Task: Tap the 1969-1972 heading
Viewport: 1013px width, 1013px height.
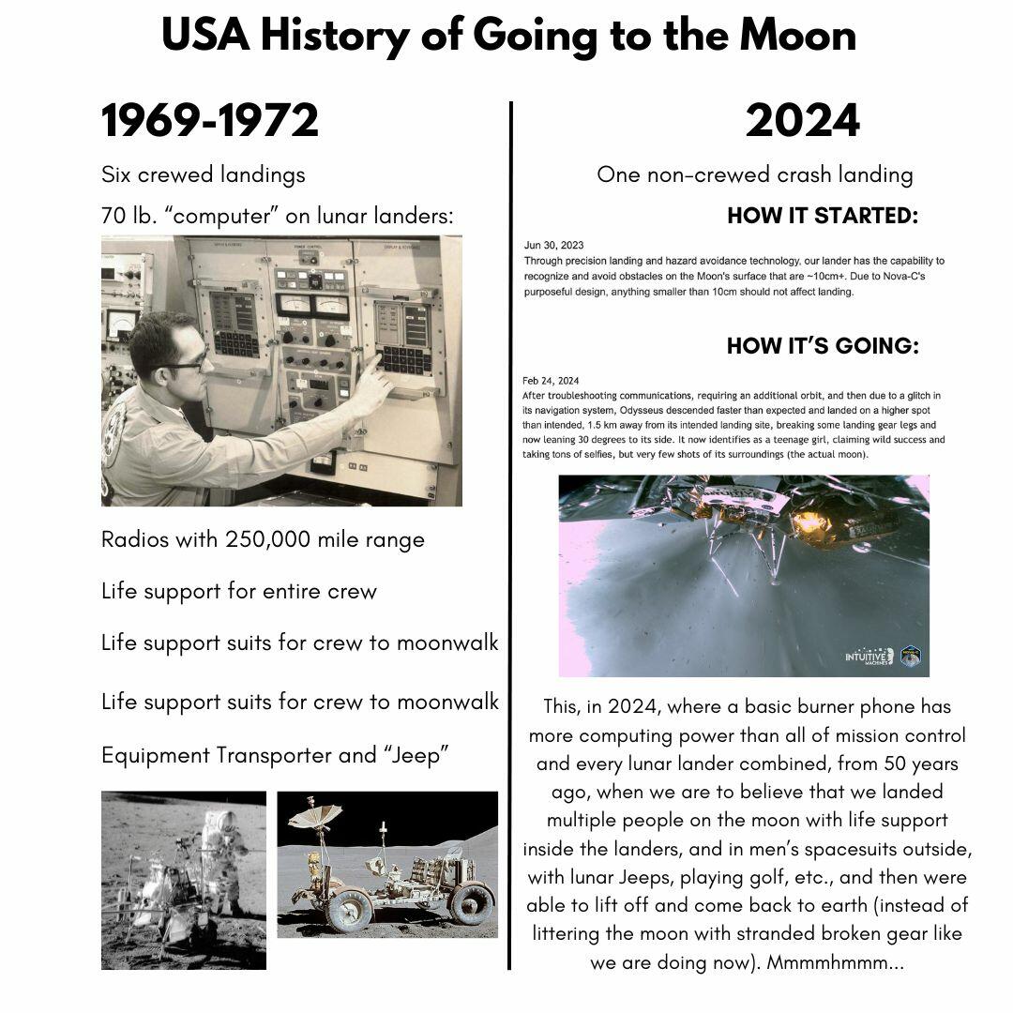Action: coord(210,122)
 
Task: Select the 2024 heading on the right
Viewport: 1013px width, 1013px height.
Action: coord(802,122)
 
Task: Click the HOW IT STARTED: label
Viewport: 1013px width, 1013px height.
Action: coord(823,216)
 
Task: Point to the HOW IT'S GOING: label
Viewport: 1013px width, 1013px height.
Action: coord(823,345)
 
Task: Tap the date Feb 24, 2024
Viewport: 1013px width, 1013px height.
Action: coord(552,381)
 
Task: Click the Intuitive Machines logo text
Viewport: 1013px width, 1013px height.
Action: coord(869,655)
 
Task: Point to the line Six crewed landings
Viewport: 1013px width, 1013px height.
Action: coord(204,174)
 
